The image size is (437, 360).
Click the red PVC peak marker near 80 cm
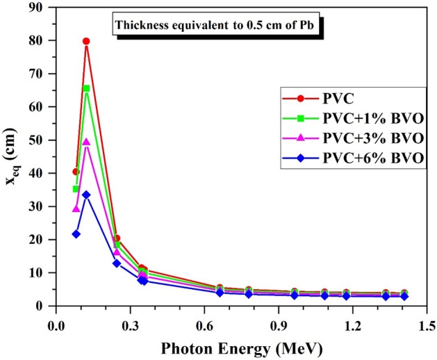tap(86, 41)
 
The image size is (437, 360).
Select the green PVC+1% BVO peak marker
tap(86, 88)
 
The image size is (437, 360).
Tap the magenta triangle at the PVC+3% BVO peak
tap(86, 142)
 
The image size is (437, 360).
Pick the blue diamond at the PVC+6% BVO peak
tap(86, 195)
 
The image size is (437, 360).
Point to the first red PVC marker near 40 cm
tap(76, 172)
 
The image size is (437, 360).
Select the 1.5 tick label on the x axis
tap(426, 324)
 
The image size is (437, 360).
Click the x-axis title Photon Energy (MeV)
tap(240, 347)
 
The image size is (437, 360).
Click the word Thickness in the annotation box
tap(141, 28)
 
